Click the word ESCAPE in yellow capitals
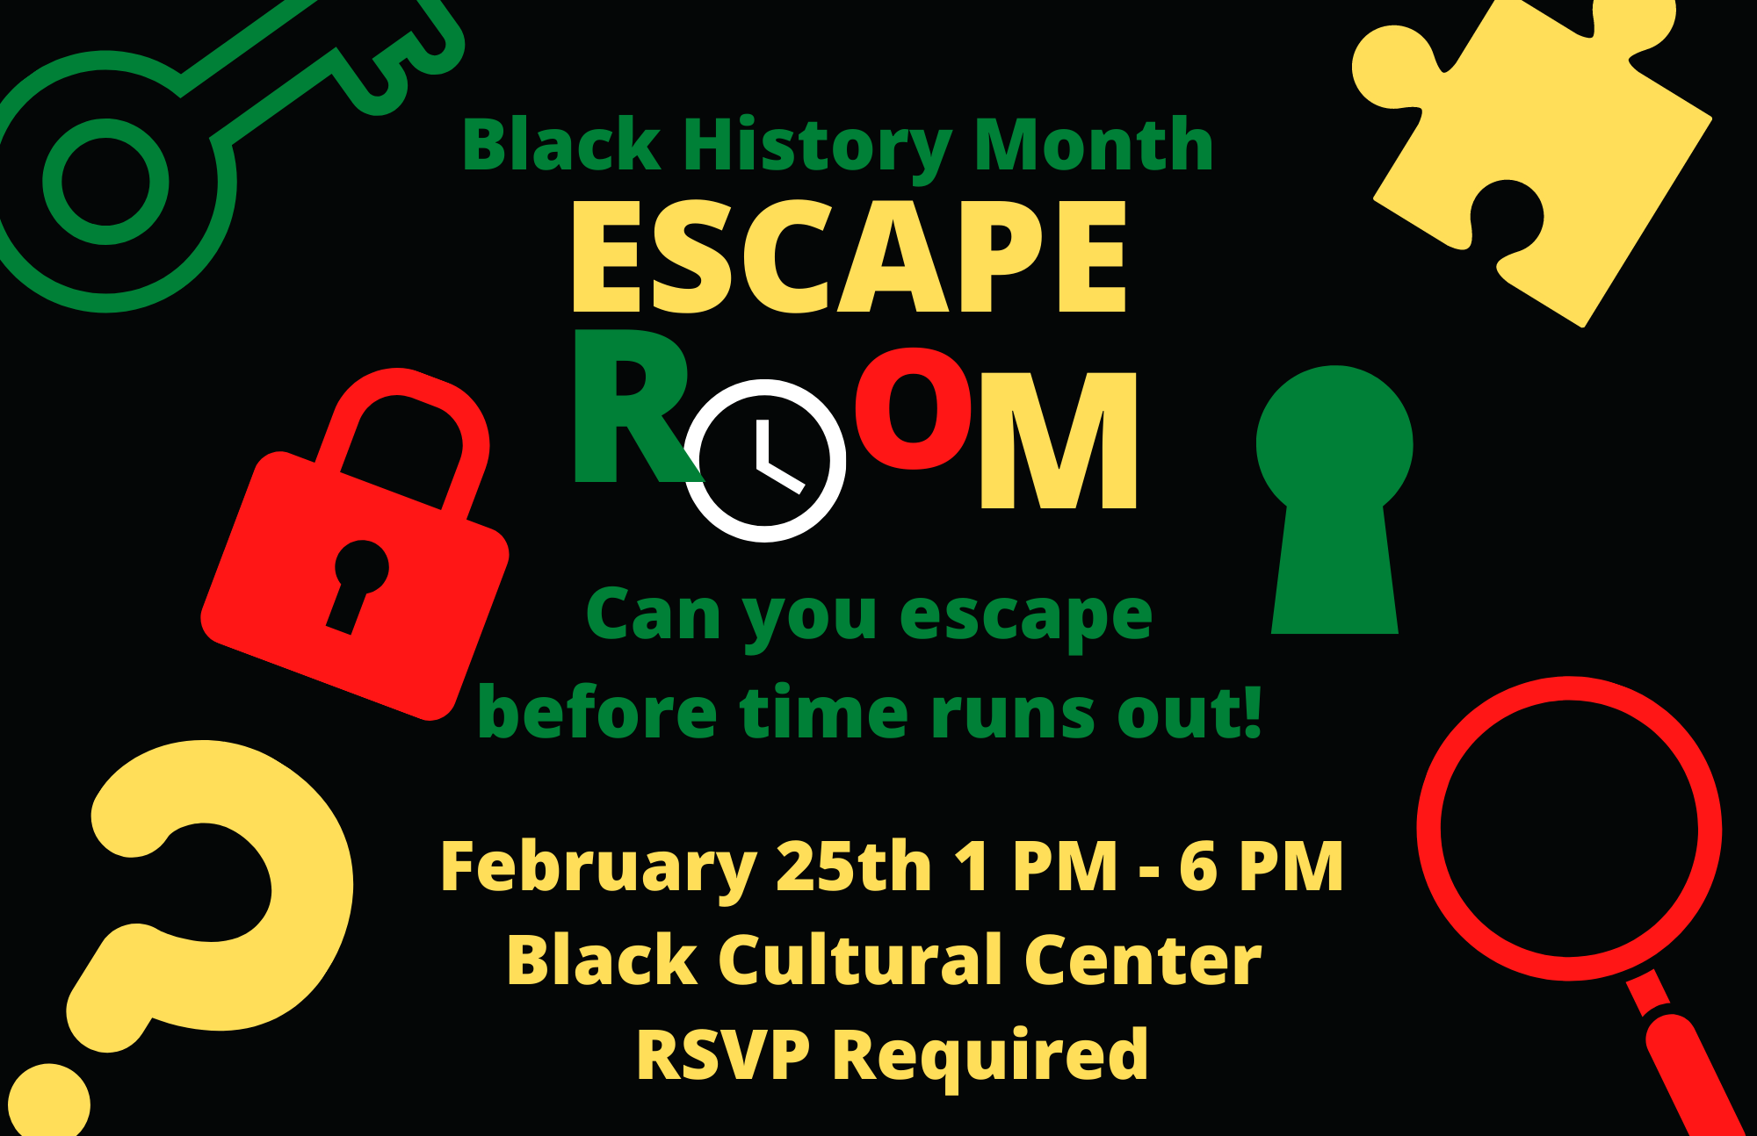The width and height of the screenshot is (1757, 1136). [x=849, y=255]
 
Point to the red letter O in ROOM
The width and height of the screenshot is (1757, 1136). [x=915, y=406]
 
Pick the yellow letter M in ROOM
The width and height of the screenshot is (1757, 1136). [x=1059, y=440]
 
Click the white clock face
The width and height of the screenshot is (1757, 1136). [x=765, y=460]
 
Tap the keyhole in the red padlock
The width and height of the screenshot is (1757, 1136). [x=358, y=583]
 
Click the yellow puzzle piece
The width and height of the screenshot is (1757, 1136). [x=1533, y=158]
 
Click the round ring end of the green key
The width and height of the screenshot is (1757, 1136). [x=105, y=182]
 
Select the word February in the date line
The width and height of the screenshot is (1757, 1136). [x=598, y=867]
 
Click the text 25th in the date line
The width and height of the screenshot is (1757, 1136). [x=854, y=866]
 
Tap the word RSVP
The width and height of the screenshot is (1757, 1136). [x=722, y=1054]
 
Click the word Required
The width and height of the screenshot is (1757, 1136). [x=990, y=1057]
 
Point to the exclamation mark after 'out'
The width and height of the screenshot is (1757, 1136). [x=1252, y=712]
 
